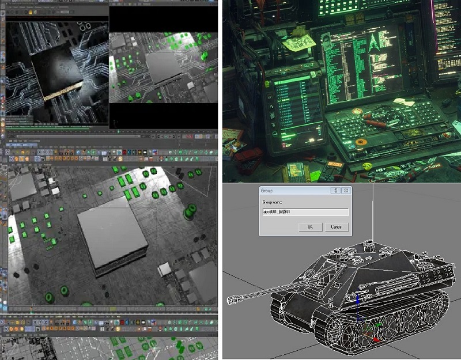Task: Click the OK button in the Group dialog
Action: pyautogui.click(x=310, y=227)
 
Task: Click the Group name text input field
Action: pyautogui.click(x=305, y=213)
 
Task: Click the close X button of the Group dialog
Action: pyautogui.click(x=346, y=190)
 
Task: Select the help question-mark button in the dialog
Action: pyautogui.click(x=334, y=190)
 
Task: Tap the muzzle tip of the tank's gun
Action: pyautogui.click(x=231, y=300)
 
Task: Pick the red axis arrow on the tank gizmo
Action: pyautogui.click(x=375, y=338)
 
